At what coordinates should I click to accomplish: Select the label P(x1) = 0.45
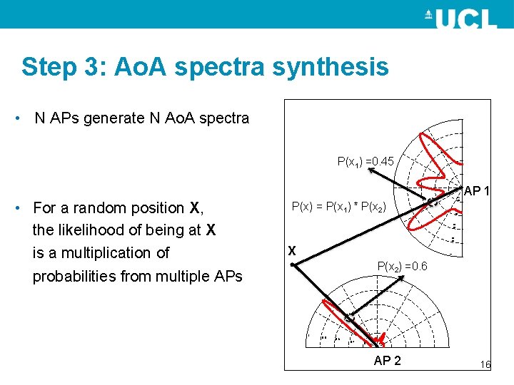coord(365,162)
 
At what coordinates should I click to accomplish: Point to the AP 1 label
coord(476,191)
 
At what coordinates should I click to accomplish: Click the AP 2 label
coord(388,361)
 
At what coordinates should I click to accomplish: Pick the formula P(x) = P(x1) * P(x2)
coord(339,207)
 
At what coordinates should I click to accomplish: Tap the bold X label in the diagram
coord(291,251)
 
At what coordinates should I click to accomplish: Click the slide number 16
coord(485,364)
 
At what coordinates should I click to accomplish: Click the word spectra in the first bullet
coord(225,118)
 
